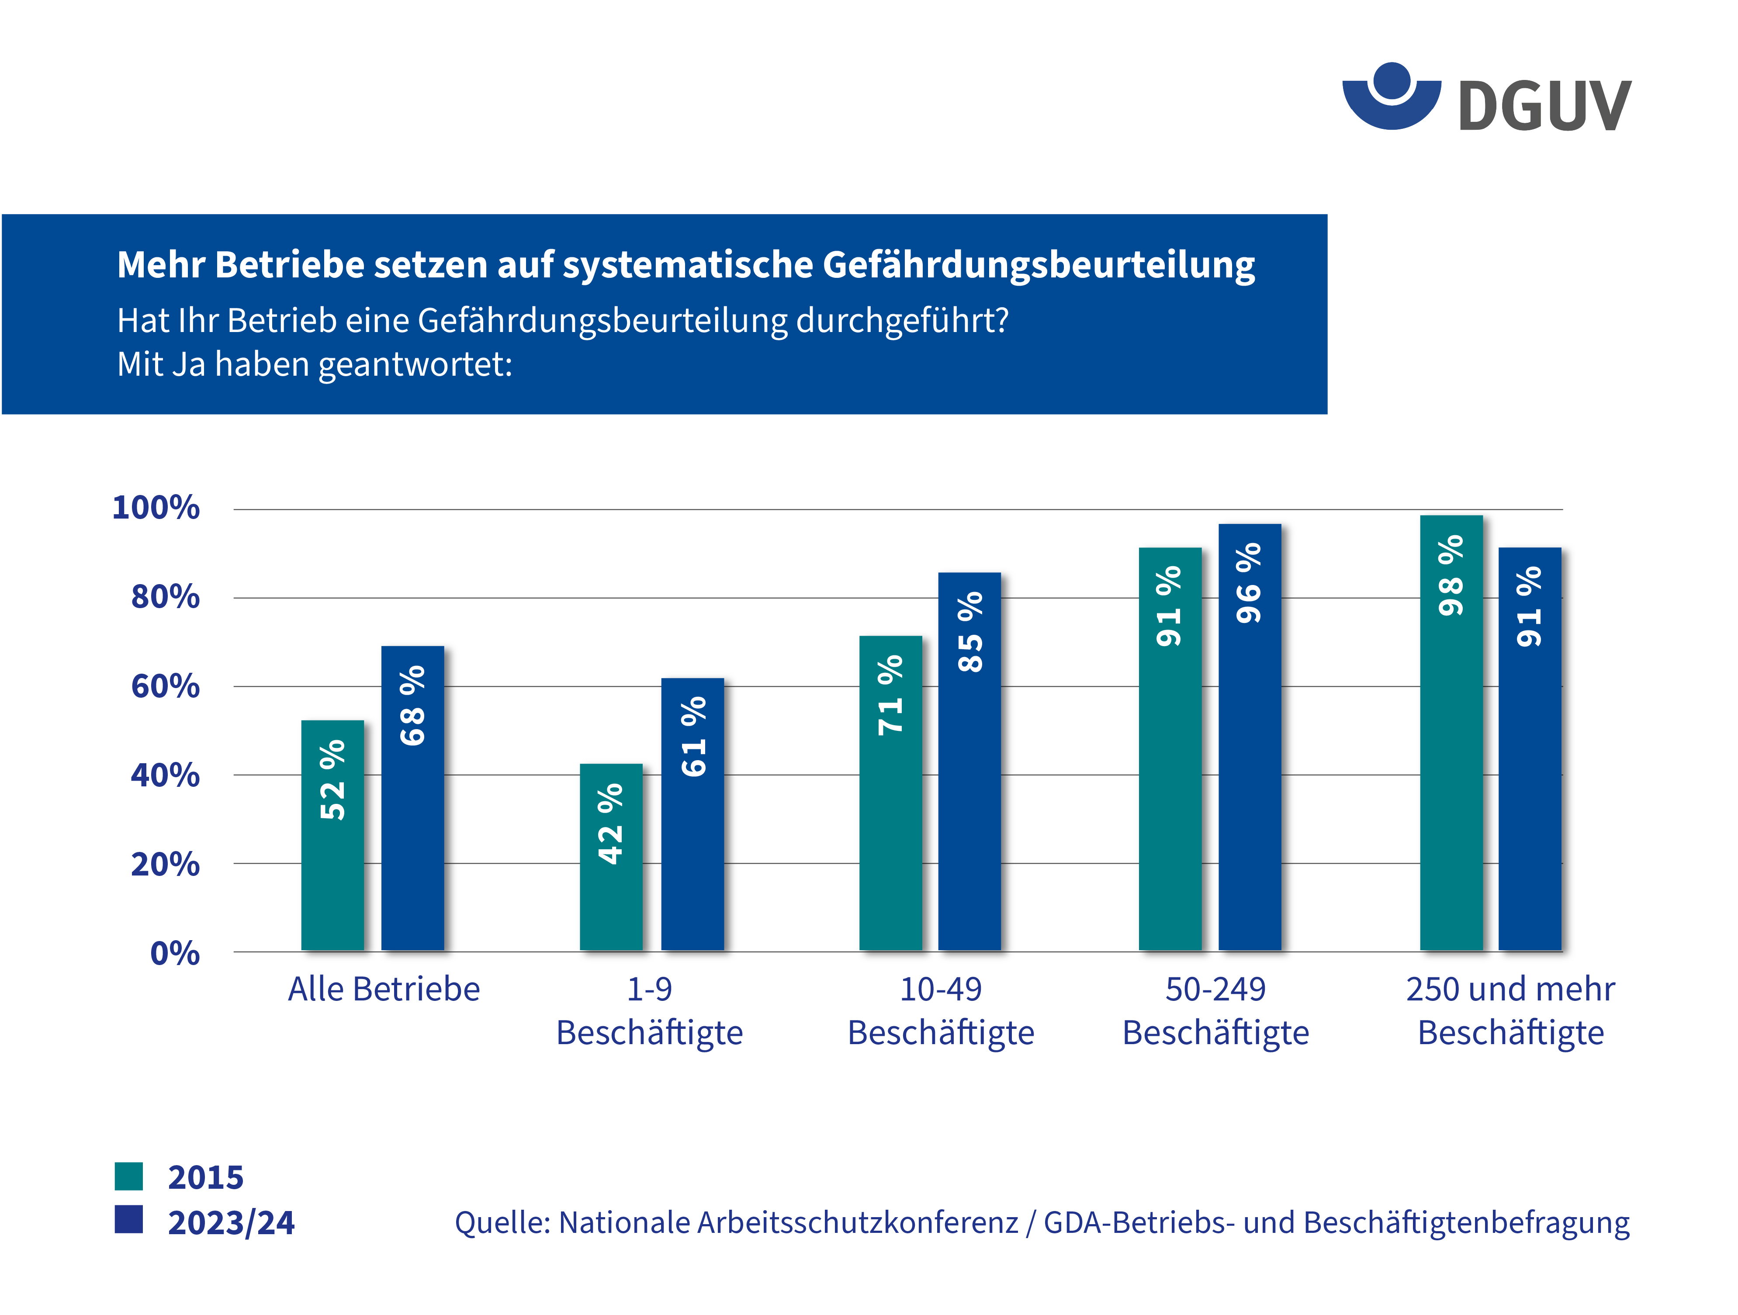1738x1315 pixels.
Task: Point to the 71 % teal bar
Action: (x=890, y=793)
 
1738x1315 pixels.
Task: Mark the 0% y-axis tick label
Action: (x=174, y=954)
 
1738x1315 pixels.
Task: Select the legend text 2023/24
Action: (x=231, y=1222)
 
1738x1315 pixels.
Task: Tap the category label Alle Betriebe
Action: (x=384, y=989)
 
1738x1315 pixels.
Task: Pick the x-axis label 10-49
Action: (x=941, y=989)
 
